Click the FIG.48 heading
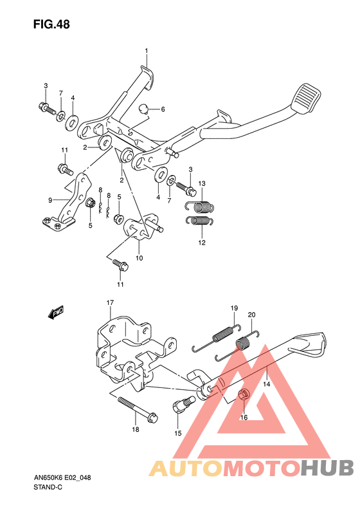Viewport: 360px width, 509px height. [x=51, y=24]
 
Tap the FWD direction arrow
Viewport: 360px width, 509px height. [x=56, y=311]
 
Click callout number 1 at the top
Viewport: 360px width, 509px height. [x=147, y=51]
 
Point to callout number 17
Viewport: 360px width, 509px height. [x=111, y=302]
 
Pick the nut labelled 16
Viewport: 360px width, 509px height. [x=244, y=395]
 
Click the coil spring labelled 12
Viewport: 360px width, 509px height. [x=199, y=221]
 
